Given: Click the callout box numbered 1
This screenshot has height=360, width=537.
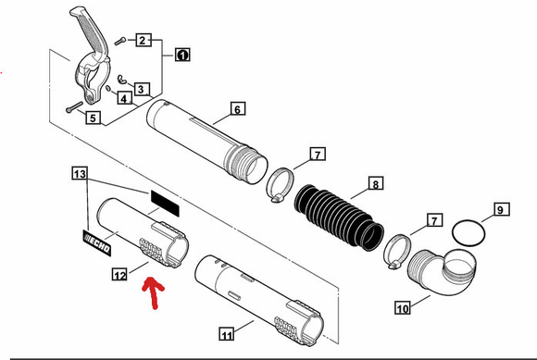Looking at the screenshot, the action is pos(182,55).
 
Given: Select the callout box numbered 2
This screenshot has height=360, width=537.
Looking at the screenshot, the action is pos(144,41).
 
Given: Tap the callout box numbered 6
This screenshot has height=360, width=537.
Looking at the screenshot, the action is pos(237,109).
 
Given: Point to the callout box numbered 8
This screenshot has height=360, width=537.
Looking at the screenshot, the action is pos(376,183).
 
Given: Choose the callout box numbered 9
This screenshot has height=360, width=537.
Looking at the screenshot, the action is pos(502,209).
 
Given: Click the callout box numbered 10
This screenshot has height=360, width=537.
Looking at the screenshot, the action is pos(403,307).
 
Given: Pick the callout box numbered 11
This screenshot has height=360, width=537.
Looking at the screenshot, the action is pos(227,334).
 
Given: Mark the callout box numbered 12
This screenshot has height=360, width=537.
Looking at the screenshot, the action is pos(119,275).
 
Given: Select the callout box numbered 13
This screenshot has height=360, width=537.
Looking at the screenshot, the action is pos(80,173).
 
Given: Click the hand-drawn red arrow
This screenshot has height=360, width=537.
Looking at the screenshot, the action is pos(154,292).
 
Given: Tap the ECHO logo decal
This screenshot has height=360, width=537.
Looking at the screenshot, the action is pos(97,242).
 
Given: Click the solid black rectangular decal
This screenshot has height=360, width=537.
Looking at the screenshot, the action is pos(165,204).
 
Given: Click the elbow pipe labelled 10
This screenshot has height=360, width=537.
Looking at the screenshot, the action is pos(442,271).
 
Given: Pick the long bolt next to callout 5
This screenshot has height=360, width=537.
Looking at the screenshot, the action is pos(74,106).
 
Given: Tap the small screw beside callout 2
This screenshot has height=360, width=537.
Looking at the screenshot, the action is pos(120,41).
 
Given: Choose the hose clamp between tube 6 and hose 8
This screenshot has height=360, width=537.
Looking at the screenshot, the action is pos(280,184).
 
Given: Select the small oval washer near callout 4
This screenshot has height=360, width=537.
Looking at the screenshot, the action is pos(108,89).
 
